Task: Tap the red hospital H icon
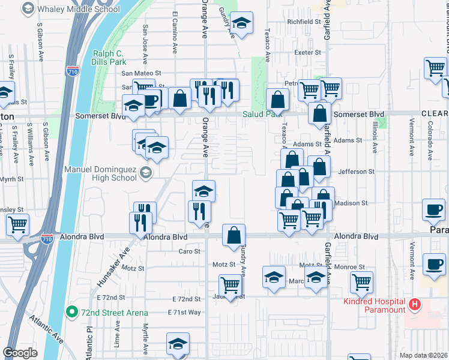(414, 305)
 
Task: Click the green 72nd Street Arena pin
(71, 312)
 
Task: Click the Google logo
(20, 353)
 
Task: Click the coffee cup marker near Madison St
(434, 209)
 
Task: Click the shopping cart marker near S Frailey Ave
(17, 224)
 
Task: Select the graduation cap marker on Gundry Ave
(241, 24)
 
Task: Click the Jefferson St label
(357, 172)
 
